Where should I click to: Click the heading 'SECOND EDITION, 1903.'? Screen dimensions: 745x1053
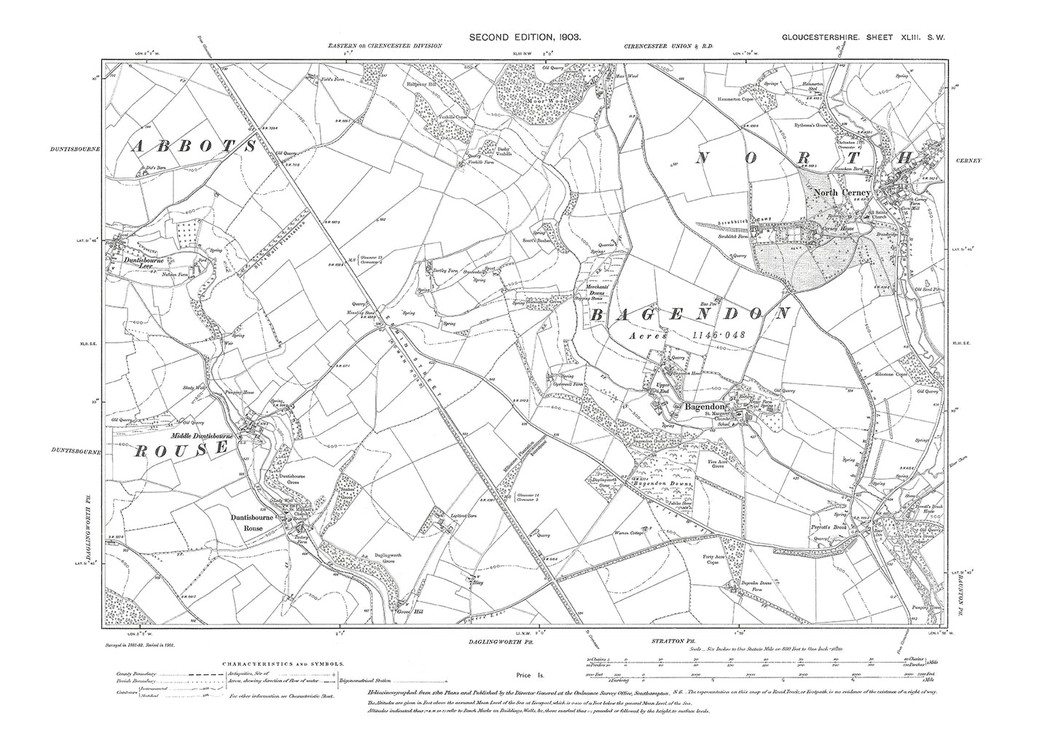click(x=525, y=36)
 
